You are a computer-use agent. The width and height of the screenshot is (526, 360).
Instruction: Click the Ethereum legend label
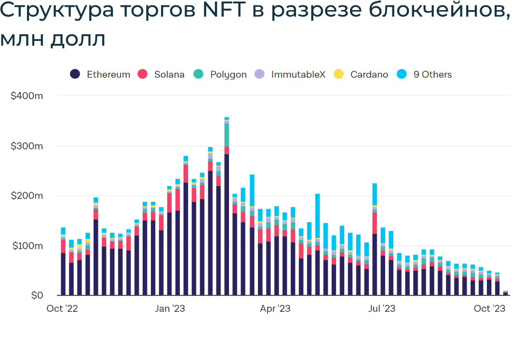tap(108, 74)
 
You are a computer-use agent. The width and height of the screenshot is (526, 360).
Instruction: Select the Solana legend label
tap(169, 74)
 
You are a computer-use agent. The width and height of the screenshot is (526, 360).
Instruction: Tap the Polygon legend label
tap(228, 74)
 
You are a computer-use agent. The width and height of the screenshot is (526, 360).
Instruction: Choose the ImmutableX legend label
tap(298, 74)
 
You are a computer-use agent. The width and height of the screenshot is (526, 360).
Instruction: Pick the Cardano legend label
tap(369, 74)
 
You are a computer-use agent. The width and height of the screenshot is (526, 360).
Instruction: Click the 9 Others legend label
tap(432, 74)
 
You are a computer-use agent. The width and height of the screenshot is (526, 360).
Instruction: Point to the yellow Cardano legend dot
tap(339, 74)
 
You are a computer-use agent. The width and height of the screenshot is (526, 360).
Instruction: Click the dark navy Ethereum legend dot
tap(75, 74)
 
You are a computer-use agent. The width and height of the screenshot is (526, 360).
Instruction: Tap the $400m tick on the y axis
tap(27, 96)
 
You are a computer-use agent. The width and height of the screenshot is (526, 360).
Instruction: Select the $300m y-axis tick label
tap(27, 146)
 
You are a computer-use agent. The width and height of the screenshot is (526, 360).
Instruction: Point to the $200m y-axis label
tap(27, 196)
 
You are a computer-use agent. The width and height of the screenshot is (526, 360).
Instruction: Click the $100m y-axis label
tap(27, 246)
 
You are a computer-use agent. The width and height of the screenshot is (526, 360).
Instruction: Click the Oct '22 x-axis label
tap(62, 308)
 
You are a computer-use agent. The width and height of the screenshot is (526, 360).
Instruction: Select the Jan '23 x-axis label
tap(170, 308)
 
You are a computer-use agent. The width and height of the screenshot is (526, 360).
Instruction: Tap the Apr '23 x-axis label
tap(275, 308)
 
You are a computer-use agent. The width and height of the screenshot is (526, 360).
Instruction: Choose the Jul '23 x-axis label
tap(381, 308)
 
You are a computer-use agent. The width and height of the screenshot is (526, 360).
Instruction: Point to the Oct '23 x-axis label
tap(489, 308)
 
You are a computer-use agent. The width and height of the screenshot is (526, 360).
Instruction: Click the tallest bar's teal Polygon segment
tap(227, 134)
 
